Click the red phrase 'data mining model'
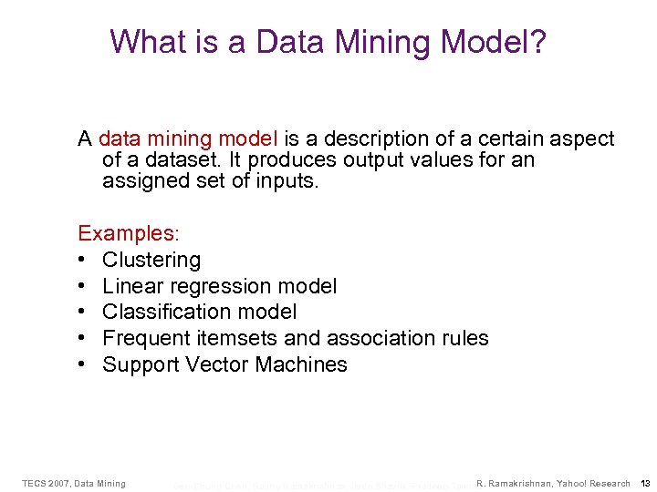tap(188, 139)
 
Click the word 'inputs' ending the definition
tap(287, 180)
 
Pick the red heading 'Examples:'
tap(117, 233)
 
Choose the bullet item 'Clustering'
tap(151, 260)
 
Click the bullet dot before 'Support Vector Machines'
tap(82, 364)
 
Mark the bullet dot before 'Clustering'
tap(82, 260)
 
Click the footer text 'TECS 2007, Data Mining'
tap(74, 483)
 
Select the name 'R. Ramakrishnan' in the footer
tap(519, 483)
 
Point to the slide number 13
tap(645, 483)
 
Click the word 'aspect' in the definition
tap(583, 139)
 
